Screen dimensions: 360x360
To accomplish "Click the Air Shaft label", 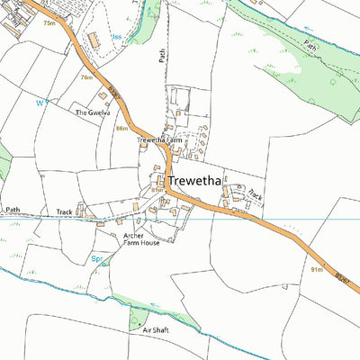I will click(156, 330).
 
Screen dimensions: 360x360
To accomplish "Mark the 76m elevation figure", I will click(86, 78).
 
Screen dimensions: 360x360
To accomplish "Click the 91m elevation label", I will click(316, 268).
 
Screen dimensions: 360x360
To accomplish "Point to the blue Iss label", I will click(117, 37).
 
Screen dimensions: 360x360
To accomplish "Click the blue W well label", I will click(39, 103).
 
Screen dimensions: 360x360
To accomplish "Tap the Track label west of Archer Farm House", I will click(65, 212).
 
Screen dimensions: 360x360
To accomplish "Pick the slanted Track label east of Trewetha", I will click(255, 193).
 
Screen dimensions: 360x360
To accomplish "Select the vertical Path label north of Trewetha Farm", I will click(163, 56).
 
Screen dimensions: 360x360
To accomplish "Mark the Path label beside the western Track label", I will click(13, 209).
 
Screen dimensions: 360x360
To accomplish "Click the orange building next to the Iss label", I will click(93, 40).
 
